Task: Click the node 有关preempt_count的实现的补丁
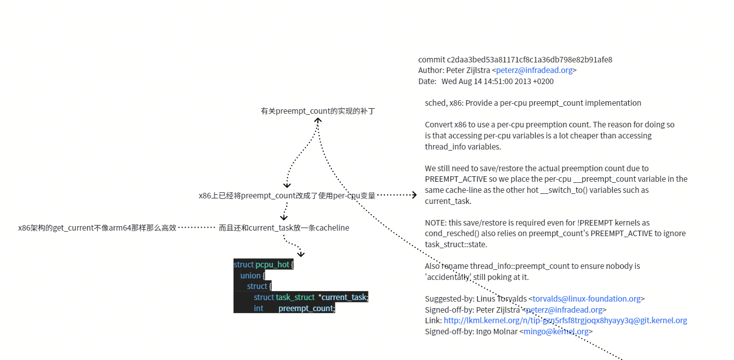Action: pos(318,111)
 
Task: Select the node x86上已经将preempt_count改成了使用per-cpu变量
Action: pos(287,195)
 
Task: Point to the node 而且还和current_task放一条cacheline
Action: pos(284,228)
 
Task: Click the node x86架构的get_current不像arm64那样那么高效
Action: pos(97,228)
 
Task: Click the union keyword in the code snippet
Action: pos(250,276)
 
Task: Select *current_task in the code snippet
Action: pos(343,298)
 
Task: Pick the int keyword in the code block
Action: pos(258,309)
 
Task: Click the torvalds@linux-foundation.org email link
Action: pos(586,299)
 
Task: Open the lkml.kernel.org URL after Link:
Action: pos(565,321)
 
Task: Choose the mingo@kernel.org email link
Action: pos(556,332)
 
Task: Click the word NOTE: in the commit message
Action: pos(435,223)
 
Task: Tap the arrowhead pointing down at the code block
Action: pos(301,254)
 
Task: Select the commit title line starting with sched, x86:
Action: pos(533,103)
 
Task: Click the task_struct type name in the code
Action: pos(295,298)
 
